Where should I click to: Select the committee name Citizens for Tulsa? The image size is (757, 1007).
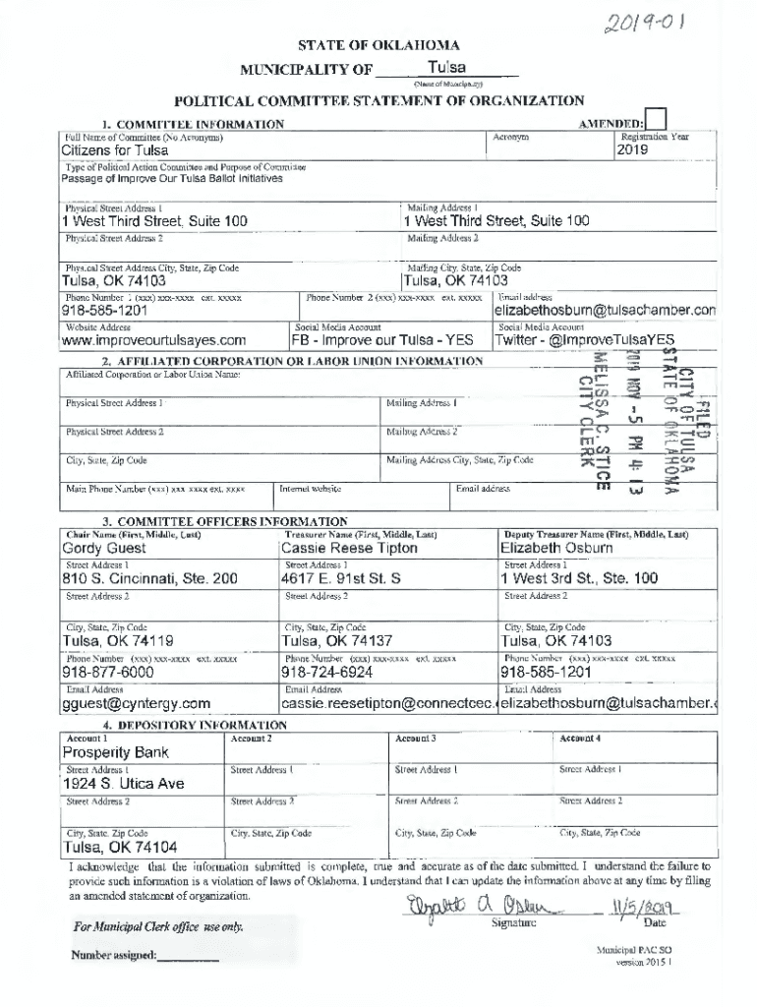[114, 151]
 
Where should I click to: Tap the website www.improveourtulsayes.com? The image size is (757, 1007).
[153, 341]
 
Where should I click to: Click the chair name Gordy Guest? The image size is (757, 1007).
[104, 548]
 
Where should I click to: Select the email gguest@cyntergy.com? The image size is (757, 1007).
[137, 703]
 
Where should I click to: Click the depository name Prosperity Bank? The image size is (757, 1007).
[116, 752]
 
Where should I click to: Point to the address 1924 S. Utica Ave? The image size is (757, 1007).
[123, 784]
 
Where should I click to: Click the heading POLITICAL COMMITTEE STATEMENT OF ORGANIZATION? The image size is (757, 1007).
[378, 100]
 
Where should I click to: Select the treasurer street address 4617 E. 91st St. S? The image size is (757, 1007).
[340, 579]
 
